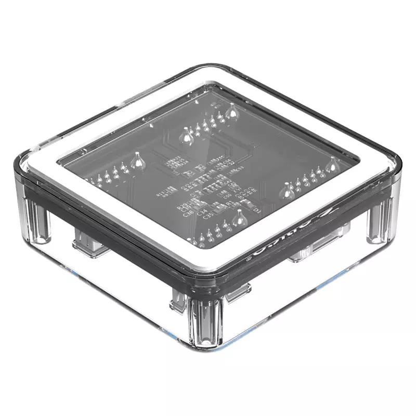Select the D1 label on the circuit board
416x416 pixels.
(256, 210)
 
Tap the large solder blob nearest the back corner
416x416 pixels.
(231, 111)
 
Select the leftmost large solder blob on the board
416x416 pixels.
(138, 161)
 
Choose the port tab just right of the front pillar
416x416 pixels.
(237, 291)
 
